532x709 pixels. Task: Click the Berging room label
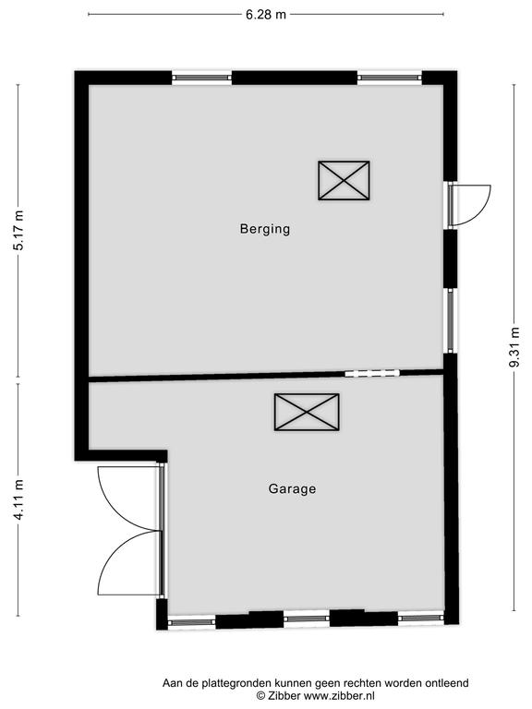coord(265,229)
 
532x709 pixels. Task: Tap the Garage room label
coord(292,488)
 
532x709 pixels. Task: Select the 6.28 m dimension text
coord(266,15)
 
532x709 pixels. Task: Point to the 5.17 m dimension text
coord(19,230)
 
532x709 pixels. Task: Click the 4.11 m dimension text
coord(19,499)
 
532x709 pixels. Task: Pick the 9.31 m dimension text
coord(514,347)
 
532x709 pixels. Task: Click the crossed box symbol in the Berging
coord(344,180)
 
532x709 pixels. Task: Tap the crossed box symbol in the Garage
coord(307,412)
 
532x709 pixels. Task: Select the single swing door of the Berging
coord(469,205)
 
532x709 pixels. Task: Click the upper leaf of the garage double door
coord(130,498)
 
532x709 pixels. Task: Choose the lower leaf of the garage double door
coord(130,563)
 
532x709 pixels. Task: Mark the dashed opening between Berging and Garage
coord(372,374)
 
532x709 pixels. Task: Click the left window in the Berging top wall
coord(201,78)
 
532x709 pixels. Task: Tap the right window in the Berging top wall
coord(390,78)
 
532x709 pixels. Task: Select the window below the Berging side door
coord(451,320)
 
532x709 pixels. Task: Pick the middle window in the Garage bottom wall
coord(307,619)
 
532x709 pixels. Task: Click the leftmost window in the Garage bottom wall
coord(191,622)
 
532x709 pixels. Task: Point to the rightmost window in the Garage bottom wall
coord(421,618)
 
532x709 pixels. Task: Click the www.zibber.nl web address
coord(339,696)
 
